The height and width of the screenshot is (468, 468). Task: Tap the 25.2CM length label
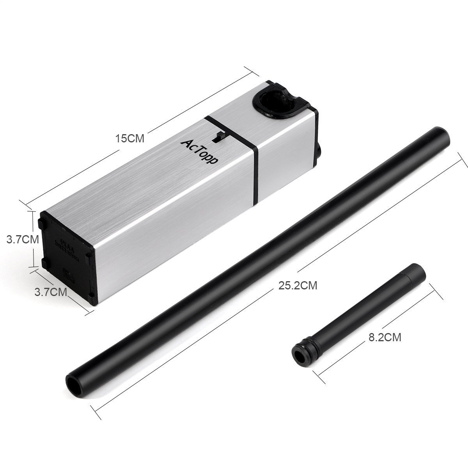(298, 286)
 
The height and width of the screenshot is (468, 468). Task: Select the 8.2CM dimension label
(385, 337)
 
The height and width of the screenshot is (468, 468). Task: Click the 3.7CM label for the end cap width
(51, 291)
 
